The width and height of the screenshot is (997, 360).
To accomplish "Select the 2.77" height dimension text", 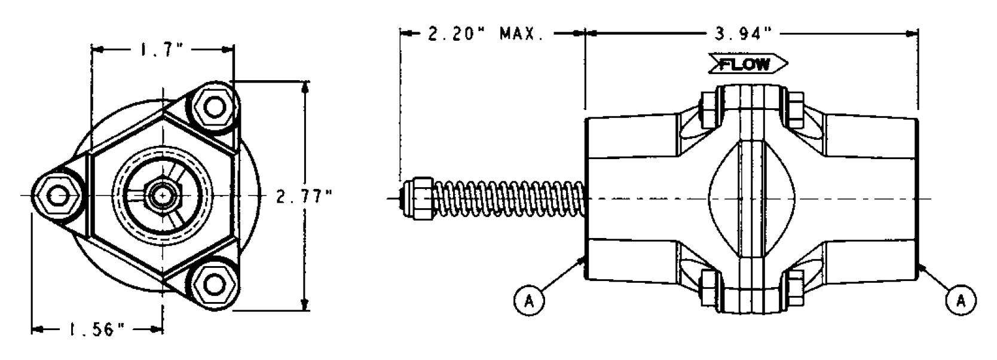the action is coord(304,196).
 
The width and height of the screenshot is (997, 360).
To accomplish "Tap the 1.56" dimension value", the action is coord(96,330).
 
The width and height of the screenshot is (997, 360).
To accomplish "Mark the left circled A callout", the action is coord(529,300).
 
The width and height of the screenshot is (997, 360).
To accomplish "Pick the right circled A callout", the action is coord(961,300).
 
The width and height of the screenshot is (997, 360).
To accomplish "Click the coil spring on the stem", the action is coord(508,198).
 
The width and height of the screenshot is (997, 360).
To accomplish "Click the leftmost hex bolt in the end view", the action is coord(58,196).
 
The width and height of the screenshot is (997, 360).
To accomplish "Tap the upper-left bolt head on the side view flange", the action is coord(708,111).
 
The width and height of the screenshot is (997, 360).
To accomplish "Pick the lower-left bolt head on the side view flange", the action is coord(708,285).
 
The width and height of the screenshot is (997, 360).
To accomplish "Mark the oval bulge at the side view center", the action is coord(751,198).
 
